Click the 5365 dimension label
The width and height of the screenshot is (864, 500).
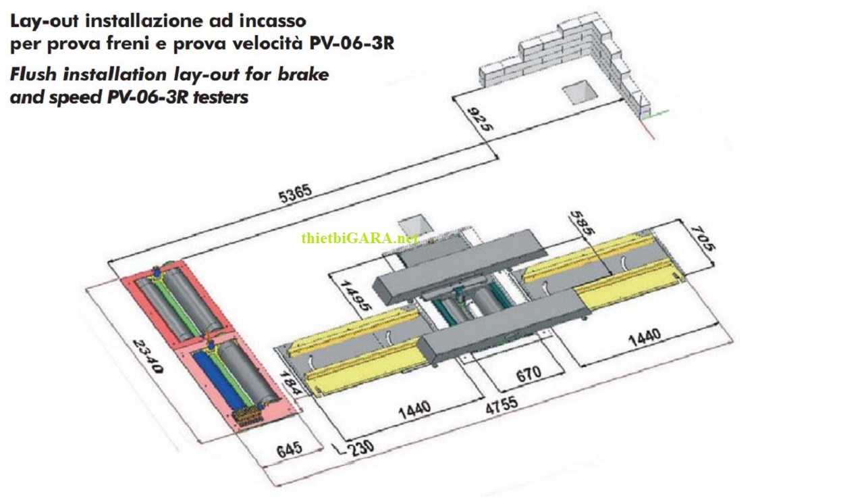[x=295, y=194]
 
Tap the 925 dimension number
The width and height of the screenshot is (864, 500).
[x=480, y=120]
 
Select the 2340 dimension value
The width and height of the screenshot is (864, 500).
[x=148, y=356]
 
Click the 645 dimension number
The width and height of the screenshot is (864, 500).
[x=290, y=449]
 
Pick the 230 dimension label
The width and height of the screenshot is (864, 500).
[x=361, y=448]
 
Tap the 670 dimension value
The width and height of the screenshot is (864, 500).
[x=529, y=374]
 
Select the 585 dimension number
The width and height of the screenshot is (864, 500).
[x=583, y=222]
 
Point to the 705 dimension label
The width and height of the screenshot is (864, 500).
[x=702, y=238]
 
